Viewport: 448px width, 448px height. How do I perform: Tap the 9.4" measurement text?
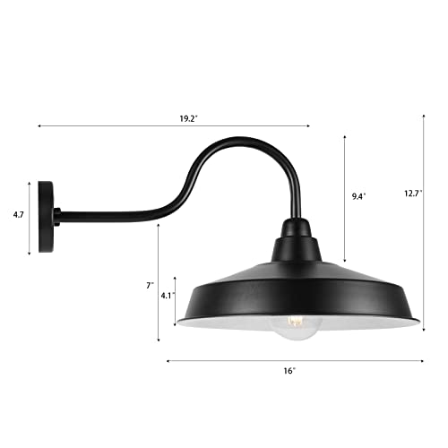coord(358,193)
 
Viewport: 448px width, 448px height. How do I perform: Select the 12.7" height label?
coord(412,193)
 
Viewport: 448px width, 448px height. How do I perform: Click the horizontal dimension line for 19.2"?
coord(108,126)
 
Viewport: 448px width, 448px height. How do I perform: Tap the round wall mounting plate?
coord(46,217)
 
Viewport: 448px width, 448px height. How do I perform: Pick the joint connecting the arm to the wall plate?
coord(58,216)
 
